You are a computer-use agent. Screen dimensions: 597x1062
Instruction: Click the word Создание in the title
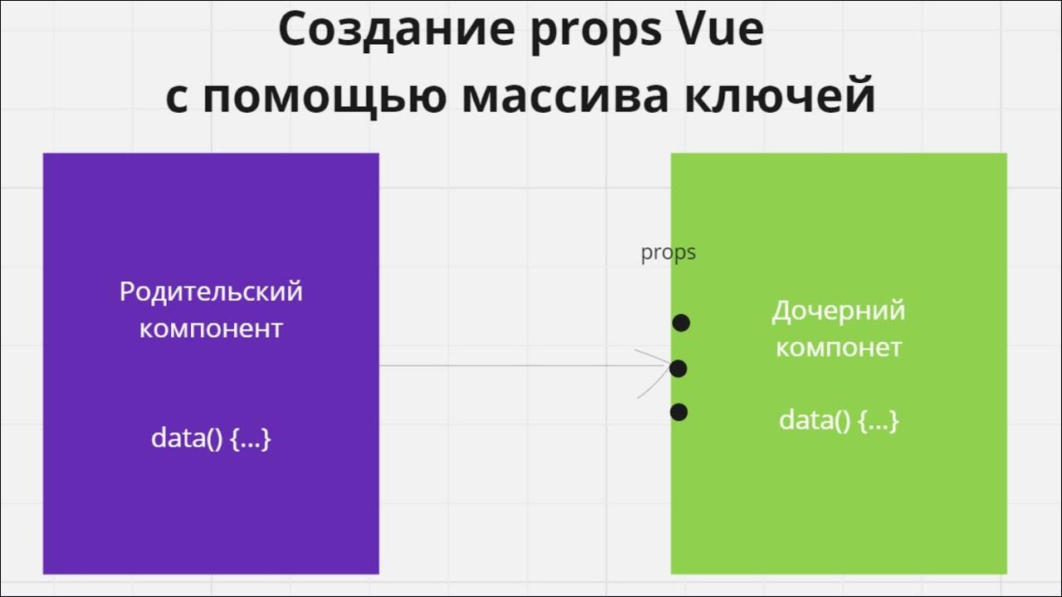tap(380, 31)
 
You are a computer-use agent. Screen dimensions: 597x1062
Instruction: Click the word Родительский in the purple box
tap(211, 293)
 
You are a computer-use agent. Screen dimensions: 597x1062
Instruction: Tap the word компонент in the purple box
tap(211, 328)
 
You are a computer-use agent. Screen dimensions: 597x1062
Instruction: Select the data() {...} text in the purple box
tap(211, 438)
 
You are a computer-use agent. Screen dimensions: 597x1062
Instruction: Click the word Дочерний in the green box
tap(838, 311)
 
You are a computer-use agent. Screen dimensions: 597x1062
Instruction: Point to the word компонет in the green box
tap(838, 347)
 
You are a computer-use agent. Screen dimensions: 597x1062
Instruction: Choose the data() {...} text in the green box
tap(838, 420)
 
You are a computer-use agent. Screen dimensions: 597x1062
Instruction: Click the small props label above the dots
tap(668, 253)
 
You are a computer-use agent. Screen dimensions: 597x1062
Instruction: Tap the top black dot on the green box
tap(681, 323)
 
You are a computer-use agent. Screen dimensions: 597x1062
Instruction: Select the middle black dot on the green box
tap(678, 367)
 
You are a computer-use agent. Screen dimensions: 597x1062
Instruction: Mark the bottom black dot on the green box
tap(679, 411)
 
